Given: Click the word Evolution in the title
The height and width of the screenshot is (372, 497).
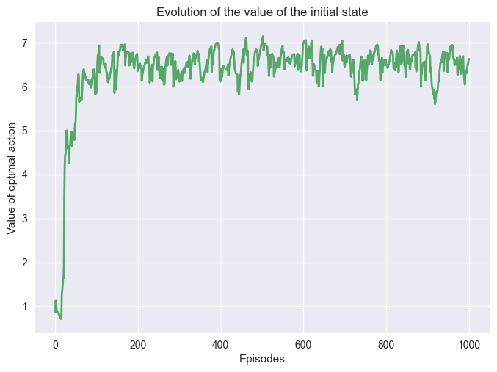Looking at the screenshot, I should coord(178,10).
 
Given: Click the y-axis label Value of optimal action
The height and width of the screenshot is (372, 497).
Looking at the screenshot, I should coord(11,177).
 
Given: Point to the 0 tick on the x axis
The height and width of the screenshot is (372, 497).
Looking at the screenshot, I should coord(55,344).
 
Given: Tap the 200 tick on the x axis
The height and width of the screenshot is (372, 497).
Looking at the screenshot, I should coord(138,344).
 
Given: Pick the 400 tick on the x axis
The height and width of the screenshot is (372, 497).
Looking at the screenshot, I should coord(221,344).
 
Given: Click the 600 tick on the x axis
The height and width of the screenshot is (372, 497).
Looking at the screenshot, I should coord(303,344).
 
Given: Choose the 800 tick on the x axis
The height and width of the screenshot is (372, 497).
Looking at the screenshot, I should coord(386,344).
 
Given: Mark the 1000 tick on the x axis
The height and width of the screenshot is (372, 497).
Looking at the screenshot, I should coord(469,344).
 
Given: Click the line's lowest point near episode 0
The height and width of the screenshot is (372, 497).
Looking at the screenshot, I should coord(61,318).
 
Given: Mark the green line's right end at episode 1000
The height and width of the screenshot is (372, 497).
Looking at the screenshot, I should coord(469,59).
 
